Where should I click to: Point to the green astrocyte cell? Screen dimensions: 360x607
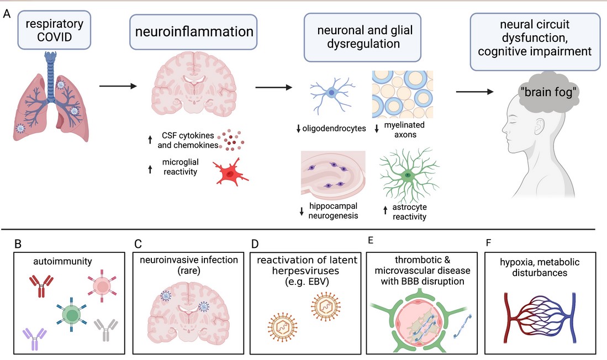point(407,174)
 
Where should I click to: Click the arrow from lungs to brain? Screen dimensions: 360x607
point(118,86)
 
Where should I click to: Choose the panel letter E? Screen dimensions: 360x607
point(370,241)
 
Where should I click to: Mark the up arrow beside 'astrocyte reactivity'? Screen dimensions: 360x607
point(385,210)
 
